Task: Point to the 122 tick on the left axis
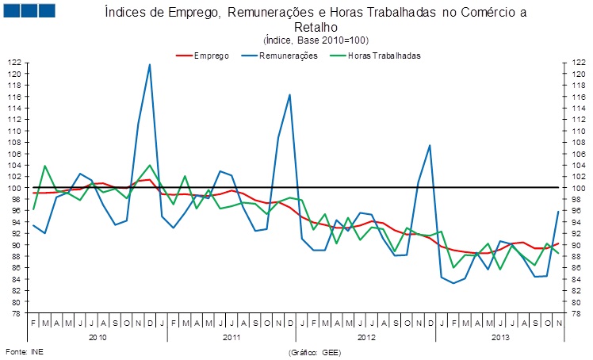(x=14, y=63)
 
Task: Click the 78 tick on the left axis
(x=16, y=314)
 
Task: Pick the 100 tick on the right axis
(x=576, y=188)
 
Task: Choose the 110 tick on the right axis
(x=576, y=131)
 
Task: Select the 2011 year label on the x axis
(x=231, y=337)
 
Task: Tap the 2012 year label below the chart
(x=365, y=337)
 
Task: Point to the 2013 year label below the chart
(x=499, y=337)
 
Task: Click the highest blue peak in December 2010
(x=150, y=64)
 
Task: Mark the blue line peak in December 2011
(x=290, y=94)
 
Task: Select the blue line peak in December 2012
(x=429, y=145)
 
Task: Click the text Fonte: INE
(x=22, y=350)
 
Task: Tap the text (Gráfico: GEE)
(x=315, y=350)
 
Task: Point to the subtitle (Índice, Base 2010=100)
(x=316, y=40)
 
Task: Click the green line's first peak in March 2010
(x=44, y=166)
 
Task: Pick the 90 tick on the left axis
(x=16, y=245)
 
